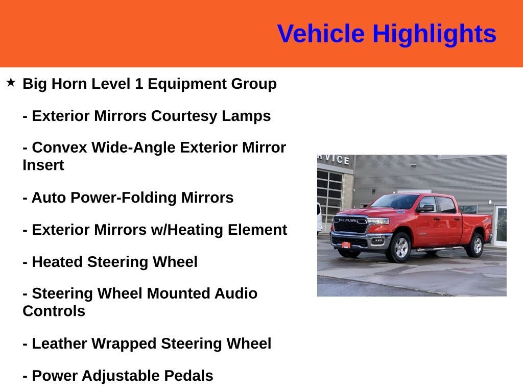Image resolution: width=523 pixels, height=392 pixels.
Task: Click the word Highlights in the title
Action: click(x=434, y=34)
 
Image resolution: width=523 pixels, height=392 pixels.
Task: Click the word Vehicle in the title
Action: click(x=321, y=34)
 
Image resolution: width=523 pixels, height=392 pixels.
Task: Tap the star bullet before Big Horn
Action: click(x=11, y=82)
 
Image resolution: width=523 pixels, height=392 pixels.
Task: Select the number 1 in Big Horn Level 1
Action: click(x=138, y=84)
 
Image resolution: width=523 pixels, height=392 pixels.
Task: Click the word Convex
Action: click(x=59, y=148)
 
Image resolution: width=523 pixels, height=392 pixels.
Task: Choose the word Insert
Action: click(x=43, y=165)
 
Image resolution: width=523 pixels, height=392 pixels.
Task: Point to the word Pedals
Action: click(x=188, y=376)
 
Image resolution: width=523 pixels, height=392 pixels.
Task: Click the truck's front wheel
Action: click(x=401, y=248)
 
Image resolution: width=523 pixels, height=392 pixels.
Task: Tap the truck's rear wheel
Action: click(x=477, y=246)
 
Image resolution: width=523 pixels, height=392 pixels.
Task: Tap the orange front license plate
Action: click(x=346, y=245)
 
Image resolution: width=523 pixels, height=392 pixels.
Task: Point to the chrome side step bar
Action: click(x=439, y=249)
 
